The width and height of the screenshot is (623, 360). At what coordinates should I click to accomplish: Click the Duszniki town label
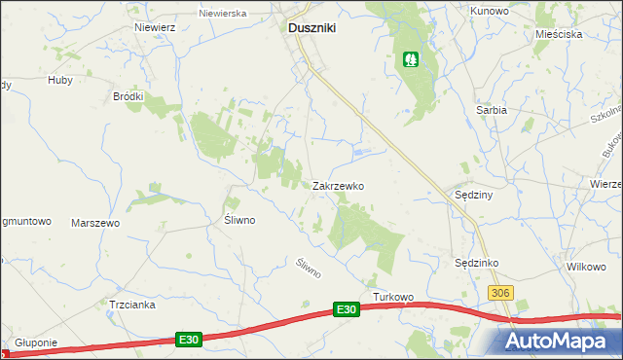coord(311,29)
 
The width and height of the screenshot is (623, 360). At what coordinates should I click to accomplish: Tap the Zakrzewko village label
coord(338,185)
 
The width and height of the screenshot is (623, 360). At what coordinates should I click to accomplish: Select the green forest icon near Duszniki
coord(413,60)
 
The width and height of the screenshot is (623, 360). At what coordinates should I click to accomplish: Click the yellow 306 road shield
coord(500,293)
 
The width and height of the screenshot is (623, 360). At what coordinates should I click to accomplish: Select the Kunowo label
coord(490,10)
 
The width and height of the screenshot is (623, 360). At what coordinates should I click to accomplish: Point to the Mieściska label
coord(558,34)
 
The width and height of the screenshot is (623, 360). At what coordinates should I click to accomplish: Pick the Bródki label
coord(128,96)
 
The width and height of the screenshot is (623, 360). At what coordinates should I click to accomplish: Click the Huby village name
coord(60,81)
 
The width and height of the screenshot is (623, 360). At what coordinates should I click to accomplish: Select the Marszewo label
coord(95,223)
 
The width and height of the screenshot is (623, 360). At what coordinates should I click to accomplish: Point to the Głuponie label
coord(36,343)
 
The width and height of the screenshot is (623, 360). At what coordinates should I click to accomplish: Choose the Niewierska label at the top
coord(222,15)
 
